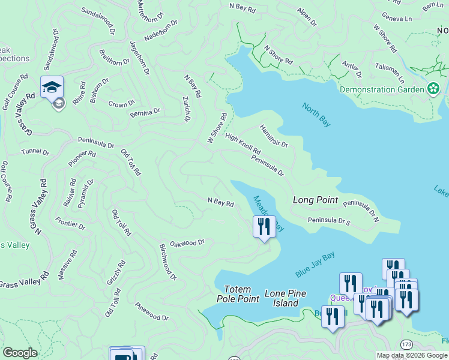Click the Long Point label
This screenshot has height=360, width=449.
coord(315,200)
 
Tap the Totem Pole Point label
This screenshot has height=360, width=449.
coord(240,293)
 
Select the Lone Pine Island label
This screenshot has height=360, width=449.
coord(286,298)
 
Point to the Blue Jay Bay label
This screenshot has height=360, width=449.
coord(315,265)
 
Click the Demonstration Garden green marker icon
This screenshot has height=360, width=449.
coord(433,89)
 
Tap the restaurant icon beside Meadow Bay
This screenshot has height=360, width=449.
coord(264,227)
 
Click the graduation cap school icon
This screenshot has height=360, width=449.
coord(52,87)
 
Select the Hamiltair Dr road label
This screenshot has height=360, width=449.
coord(274,136)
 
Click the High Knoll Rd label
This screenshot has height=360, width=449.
coord(243,143)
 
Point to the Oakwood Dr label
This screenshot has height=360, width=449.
coord(187,243)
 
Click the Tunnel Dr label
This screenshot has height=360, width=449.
coord(35,152)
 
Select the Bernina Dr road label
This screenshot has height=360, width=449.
coord(145,112)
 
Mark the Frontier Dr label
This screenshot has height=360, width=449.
coord(69,223)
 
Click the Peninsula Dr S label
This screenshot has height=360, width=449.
coord(328,221)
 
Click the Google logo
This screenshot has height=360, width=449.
coord(20,353)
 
